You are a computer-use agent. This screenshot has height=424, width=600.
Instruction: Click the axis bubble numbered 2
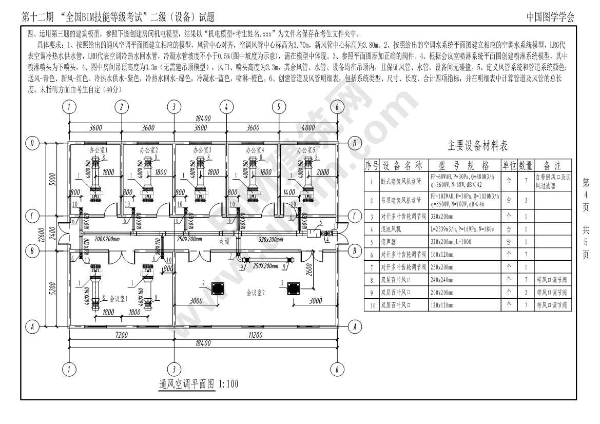pos(122,107)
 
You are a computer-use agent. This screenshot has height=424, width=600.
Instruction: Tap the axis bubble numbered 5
pos(279,107)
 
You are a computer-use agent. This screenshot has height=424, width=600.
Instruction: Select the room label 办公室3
pos(202,150)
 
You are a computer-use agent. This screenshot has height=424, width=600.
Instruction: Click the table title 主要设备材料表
pos(477,146)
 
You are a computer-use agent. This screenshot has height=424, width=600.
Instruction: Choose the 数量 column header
pos(525,166)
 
